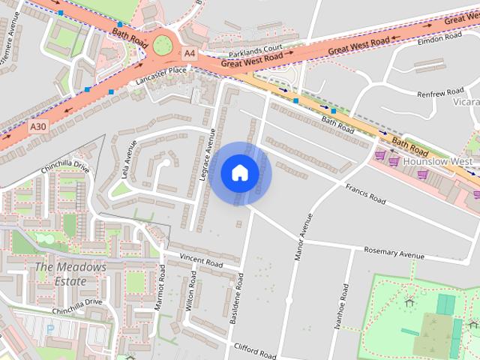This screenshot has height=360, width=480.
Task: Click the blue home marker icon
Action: (x=240, y=173)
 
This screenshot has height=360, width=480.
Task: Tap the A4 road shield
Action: (x=189, y=53)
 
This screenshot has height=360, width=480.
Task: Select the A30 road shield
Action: (x=39, y=127)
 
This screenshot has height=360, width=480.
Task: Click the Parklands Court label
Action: (x=255, y=51)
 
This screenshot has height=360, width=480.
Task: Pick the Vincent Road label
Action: (x=202, y=264)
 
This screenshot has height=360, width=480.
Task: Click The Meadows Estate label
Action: (x=71, y=274)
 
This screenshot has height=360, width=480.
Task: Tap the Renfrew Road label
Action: (x=440, y=93)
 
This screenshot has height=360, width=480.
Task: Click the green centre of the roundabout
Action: (x=163, y=46)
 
